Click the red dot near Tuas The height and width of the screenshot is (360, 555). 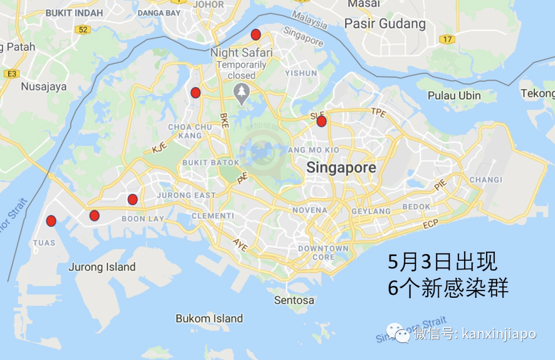51,221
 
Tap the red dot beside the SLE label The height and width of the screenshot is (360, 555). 321,121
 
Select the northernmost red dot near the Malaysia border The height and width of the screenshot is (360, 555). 256,35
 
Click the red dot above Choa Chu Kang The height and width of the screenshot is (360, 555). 195,93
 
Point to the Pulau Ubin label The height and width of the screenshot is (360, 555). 454,96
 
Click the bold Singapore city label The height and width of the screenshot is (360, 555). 341,168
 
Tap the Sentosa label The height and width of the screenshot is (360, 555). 294,300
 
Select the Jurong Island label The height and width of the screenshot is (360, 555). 102,267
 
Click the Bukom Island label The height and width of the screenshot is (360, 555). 209,318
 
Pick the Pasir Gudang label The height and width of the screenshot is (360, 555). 385,24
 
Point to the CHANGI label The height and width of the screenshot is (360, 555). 486,179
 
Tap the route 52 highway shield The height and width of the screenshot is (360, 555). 82,30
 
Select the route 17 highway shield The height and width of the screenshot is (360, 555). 448,39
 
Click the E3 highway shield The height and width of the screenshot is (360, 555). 11,74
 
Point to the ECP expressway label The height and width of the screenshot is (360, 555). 430,225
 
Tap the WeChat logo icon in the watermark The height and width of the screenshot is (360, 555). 399,333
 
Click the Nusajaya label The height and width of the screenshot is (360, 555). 44,87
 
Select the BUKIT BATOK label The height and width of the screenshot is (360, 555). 211,163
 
